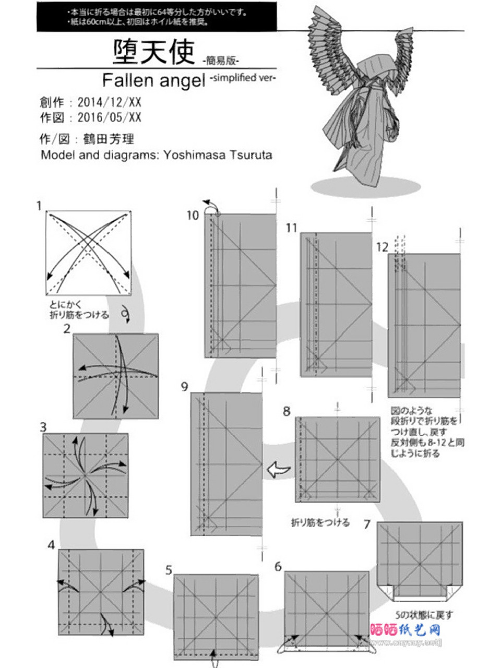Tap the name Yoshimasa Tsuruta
coord(218,155)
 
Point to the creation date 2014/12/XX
coord(109,101)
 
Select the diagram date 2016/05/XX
coord(109,117)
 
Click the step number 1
coord(39,206)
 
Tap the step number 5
coord(169,570)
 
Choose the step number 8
coord(287,411)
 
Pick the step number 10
coord(193,215)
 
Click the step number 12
coord(383,247)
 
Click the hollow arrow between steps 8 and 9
coord(279,470)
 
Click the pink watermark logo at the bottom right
coord(405,630)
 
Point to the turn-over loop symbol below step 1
coord(125,313)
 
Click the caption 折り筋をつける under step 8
coord(320,522)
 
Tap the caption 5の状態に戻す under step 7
coord(424,614)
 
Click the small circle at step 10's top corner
coord(218,214)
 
